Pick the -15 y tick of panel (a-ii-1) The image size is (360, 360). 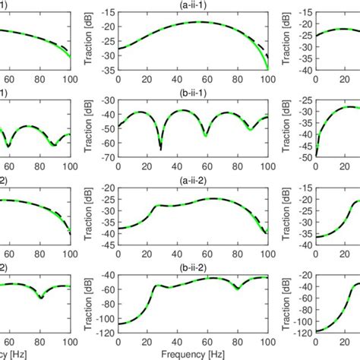click(109, 13)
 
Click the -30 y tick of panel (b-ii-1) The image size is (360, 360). click(109, 100)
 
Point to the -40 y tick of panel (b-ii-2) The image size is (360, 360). click(109, 275)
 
